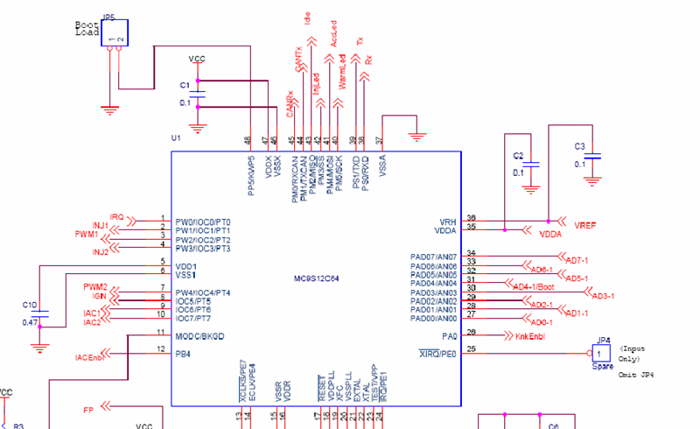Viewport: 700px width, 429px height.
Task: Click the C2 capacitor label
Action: (518, 155)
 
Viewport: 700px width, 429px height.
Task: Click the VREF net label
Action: (584, 226)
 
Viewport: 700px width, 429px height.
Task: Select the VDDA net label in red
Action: (549, 235)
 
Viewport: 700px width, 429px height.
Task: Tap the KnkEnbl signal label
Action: (532, 335)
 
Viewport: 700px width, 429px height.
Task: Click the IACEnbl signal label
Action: (89, 356)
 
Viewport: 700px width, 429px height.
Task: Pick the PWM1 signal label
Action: (86, 235)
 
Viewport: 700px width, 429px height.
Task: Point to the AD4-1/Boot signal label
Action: (535, 287)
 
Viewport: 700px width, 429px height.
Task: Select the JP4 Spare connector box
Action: (600, 353)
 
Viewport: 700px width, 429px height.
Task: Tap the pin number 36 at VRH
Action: (472, 218)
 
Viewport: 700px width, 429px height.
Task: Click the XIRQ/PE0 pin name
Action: (438, 352)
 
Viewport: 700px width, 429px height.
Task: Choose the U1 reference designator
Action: (176, 138)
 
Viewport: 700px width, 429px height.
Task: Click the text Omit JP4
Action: (636, 375)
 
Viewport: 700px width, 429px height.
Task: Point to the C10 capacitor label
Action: (30, 305)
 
